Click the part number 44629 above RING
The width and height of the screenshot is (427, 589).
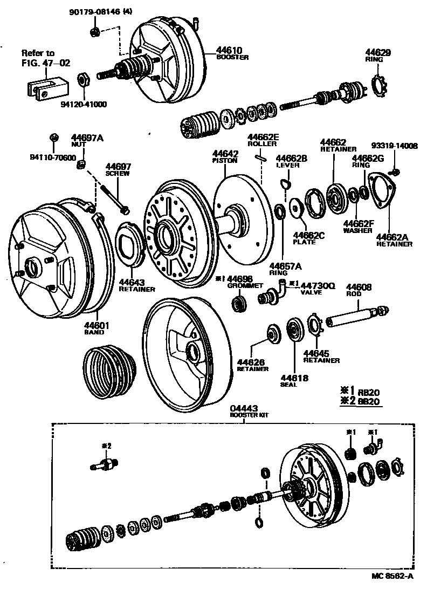coord(380,52)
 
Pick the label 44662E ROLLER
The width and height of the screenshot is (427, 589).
coord(263,141)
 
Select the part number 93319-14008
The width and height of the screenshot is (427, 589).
coord(395,146)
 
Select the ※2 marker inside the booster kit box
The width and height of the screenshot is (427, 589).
coord(106,446)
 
